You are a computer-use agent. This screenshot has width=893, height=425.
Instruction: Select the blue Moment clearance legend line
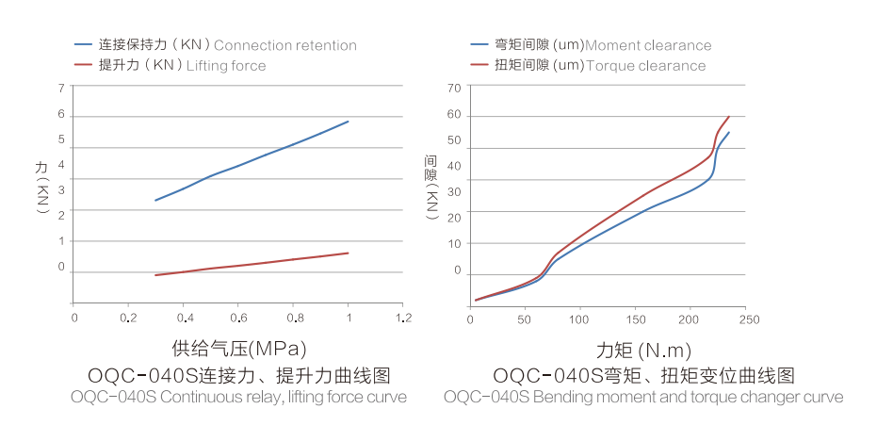tap(479, 45)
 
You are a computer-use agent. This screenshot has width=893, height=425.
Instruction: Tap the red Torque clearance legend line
tap(479, 65)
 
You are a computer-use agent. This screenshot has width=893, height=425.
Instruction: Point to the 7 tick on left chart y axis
tap(61, 87)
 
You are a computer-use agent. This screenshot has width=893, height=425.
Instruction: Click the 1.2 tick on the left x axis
tap(402, 319)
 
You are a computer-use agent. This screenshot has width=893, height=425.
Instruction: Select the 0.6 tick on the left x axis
tap(238, 319)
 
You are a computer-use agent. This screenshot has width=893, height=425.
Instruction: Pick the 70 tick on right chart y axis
tap(455, 87)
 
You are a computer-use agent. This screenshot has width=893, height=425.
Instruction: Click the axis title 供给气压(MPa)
tap(239, 347)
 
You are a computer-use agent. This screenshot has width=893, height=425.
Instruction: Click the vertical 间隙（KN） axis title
tap(431, 187)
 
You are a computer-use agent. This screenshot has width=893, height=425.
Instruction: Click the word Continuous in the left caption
tap(195, 397)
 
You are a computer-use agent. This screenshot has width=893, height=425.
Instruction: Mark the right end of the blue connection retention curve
tap(349, 121)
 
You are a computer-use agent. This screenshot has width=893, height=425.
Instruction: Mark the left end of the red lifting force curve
tap(155, 275)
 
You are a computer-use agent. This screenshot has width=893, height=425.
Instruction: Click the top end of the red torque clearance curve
tap(729, 116)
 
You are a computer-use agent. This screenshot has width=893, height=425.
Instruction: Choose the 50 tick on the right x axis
tap(525, 319)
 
